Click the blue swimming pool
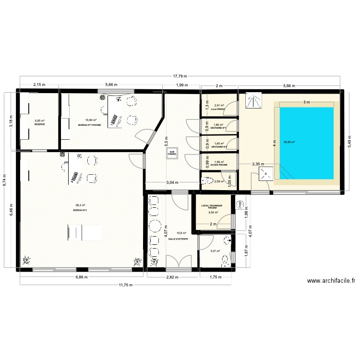(x=306, y=142)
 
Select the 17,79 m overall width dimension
(x=180, y=76)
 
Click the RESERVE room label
(x=39, y=125)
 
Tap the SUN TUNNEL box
(x=171, y=154)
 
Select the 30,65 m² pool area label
(x=289, y=142)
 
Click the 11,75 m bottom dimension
(x=126, y=285)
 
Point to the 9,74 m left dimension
(x=5, y=179)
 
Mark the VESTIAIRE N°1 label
(x=218, y=128)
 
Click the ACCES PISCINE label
(x=219, y=165)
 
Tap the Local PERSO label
(x=218, y=109)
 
